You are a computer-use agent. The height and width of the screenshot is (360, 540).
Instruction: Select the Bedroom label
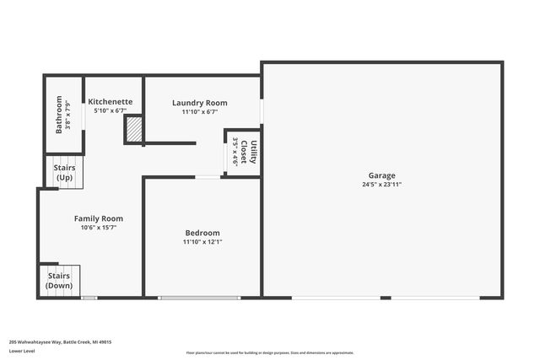pyautogui.click(x=202, y=233)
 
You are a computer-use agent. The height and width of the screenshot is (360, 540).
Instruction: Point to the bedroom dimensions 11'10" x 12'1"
pyautogui.click(x=202, y=242)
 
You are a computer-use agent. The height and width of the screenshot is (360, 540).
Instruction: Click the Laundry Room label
pyautogui.click(x=200, y=103)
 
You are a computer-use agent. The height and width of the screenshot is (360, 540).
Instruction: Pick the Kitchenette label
pyautogui.click(x=111, y=102)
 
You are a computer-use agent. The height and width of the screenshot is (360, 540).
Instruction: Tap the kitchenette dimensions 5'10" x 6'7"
pyautogui.click(x=111, y=111)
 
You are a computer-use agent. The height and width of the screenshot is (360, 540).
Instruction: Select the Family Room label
pyautogui.click(x=99, y=218)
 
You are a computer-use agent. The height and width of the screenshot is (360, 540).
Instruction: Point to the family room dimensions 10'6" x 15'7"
pyautogui.click(x=99, y=228)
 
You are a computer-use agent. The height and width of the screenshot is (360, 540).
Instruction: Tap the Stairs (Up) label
pyautogui.click(x=65, y=173)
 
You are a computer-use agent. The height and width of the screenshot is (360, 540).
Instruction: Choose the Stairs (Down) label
pyautogui.click(x=59, y=281)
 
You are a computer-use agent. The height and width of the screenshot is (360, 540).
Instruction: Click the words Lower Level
pyautogui.click(x=24, y=352)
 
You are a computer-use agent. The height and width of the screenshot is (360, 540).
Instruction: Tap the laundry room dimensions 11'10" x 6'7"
pyautogui.click(x=200, y=112)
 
